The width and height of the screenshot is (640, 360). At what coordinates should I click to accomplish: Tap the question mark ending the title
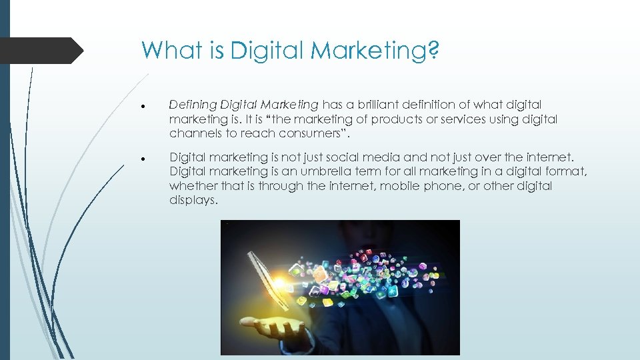point(434,50)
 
